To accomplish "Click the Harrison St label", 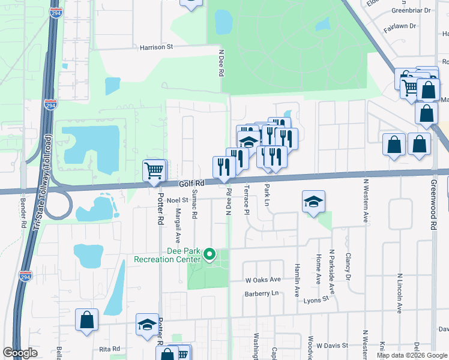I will (156, 47).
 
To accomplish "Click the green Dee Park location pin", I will (209, 255).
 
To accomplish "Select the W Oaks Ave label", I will (263, 280).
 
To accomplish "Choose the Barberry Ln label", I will (262, 294).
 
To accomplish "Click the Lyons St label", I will (317, 299).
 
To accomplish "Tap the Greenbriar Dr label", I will (411, 10).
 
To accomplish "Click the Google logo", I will (20, 353).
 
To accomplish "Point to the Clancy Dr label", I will (348, 266).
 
